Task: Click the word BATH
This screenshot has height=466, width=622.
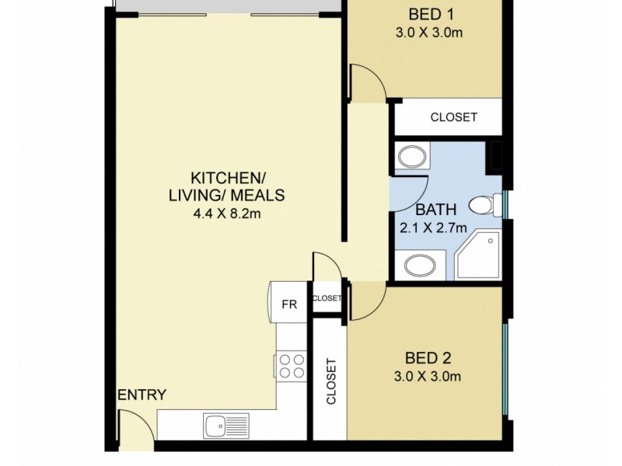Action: point(435,210)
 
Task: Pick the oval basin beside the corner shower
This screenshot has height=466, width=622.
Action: point(420,266)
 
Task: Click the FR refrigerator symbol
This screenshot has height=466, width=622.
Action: point(288,304)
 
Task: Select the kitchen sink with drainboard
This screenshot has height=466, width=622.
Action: point(225,425)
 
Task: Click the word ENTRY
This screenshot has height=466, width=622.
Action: point(142,395)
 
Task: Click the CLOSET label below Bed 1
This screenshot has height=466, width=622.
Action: point(453,117)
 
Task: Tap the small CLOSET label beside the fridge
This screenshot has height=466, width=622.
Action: point(327,298)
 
